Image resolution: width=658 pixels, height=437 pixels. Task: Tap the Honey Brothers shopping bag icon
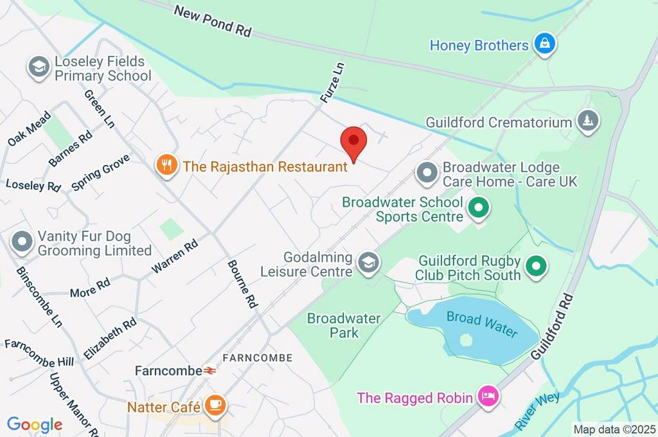pos(545,44)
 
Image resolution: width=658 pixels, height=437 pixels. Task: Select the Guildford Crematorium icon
pos(587,121)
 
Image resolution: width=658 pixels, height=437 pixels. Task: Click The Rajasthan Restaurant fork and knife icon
pos(167,165)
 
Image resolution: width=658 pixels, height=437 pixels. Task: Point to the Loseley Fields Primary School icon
pos(39,67)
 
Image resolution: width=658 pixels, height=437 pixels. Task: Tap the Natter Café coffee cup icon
pos(215,406)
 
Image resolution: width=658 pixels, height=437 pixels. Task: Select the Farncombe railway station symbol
pos(210,371)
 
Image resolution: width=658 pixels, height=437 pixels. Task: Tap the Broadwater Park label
pos(344,325)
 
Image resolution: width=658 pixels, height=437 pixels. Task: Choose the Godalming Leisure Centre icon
pos(369,263)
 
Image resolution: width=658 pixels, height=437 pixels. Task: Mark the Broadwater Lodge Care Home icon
pos(427,173)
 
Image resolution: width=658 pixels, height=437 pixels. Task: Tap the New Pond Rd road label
pos(212,21)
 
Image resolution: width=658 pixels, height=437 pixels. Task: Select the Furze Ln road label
pos(333,84)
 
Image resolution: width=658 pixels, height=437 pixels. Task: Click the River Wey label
pos(537,412)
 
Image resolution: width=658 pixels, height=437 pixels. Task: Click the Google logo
pos(35,424)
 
